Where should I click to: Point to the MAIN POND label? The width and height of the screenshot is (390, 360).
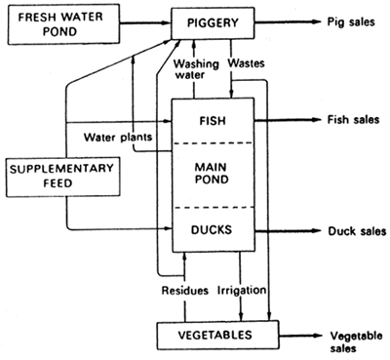(213, 176)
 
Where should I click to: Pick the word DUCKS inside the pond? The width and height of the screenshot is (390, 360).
(213, 232)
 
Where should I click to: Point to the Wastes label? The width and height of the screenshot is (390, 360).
(246, 63)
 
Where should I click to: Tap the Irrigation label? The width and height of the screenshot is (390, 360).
(237, 291)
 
